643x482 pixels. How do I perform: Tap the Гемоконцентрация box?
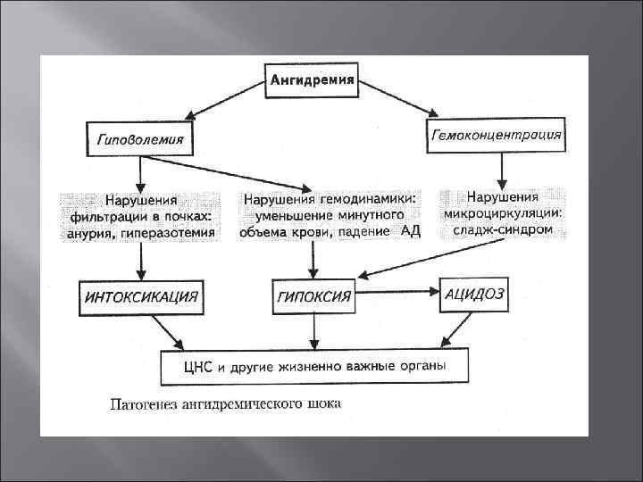pos(497,135)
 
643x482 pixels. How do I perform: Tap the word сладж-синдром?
pos(502,230)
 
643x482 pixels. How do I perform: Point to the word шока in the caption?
pos(322,403)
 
